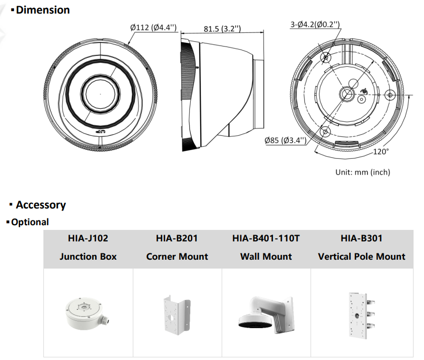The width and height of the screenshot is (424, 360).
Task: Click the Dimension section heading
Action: click(x=43, y=10)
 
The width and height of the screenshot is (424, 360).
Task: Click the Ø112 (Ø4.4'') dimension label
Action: click(x=153, y=27)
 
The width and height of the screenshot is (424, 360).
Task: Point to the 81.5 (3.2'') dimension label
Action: click(x=222, y=29)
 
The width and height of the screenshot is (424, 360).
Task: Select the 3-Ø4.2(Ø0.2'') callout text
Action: click(x=315, y=25)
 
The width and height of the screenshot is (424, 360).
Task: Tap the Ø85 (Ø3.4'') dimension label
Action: click(x=285, y=140)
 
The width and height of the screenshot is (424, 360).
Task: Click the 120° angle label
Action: click(x=381, y=152)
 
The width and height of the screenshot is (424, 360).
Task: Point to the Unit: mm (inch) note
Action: click(x=363, y=172)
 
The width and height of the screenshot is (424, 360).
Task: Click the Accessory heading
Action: click(x=41, y=205)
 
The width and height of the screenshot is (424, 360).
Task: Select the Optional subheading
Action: click(x=30, y=222)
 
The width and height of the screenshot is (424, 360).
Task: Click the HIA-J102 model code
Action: click(x=88, y=238)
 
